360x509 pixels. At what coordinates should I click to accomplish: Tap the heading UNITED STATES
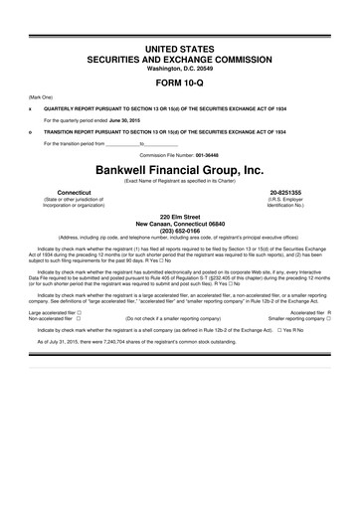[x=179, y=49]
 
